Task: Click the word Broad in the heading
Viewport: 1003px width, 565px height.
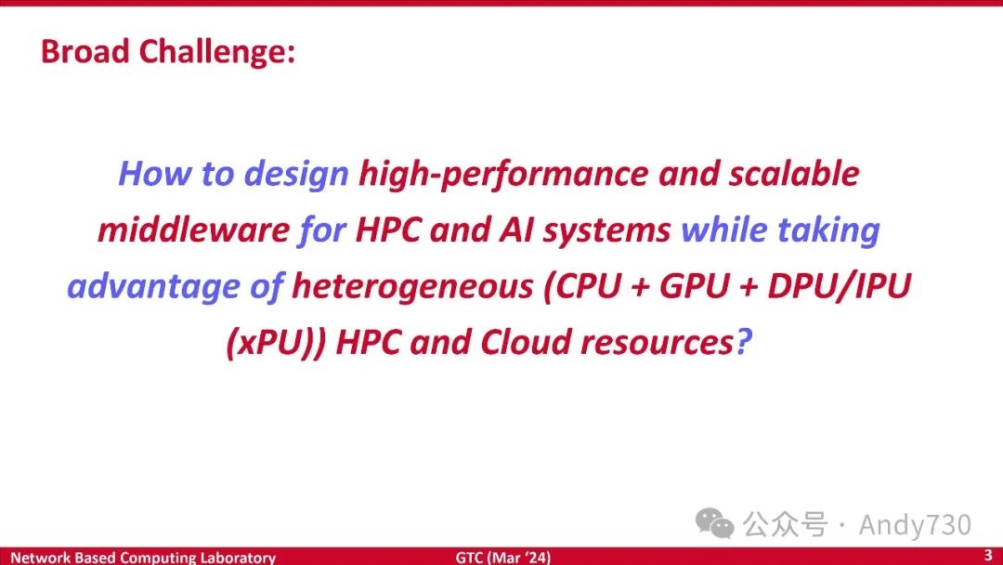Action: point(85,51)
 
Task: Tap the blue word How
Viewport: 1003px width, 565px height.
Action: point(155,174)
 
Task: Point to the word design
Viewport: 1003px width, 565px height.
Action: point(297,175)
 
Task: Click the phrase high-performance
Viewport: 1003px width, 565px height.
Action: point(503,175)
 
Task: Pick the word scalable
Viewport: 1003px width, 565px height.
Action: point(794,174)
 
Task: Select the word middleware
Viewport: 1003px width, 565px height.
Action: point(194,230)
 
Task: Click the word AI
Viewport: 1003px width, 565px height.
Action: point(516,230)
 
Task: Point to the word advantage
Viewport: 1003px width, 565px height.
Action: point(153,286)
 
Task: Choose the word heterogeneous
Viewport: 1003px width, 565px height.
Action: point(412,286)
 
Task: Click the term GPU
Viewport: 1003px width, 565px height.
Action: point(694,286)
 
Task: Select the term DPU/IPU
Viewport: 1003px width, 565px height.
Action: point(839,286)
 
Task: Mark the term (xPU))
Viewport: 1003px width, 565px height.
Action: point(277,343)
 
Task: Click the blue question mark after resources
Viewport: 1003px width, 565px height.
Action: point(743,342)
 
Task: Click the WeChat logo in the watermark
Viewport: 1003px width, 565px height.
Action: point(714,523)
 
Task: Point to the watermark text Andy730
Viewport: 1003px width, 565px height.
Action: point(915,525)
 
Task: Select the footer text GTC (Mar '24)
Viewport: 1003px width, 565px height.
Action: point(502,558)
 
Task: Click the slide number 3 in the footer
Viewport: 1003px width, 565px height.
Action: point(987,554)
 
